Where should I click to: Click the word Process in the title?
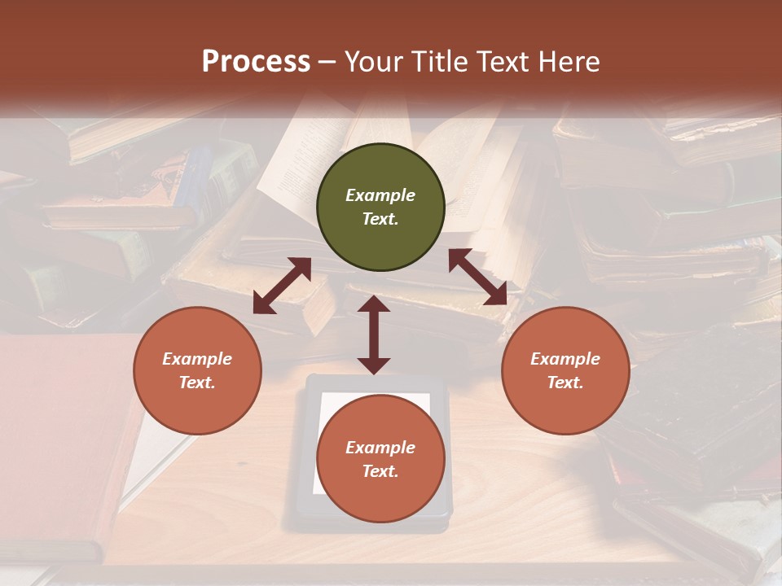pos(256,62)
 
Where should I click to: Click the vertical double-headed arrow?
pos(374,335)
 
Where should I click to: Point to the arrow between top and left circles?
pos(282,286)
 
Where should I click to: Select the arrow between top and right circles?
pos(478,278)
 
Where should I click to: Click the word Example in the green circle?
pos(380,195)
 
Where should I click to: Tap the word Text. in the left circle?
pos(197,383)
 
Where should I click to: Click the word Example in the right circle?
pos(565,359)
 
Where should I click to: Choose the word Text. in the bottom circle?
pos(380,471)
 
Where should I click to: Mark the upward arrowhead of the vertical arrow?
pos(374,304)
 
